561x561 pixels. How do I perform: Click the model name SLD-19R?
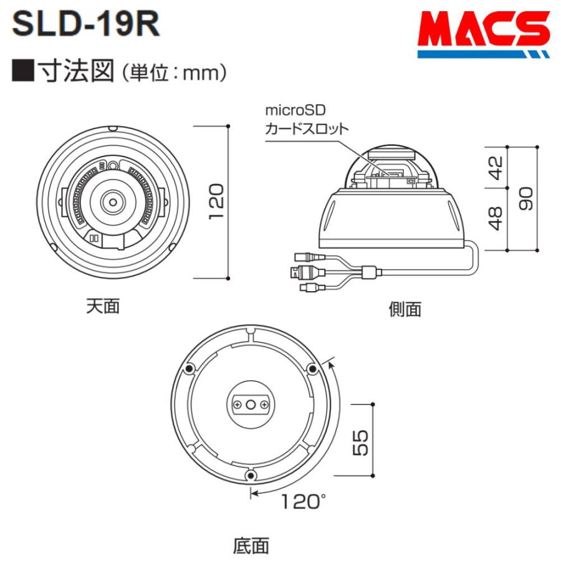(x=87, y=24)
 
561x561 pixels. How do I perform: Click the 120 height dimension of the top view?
(x=216, y=201)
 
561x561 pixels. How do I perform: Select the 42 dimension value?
(x=496, y=167)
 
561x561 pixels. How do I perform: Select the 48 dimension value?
(x=496, y=219)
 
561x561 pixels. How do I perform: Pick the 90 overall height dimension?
(x=527, y=199)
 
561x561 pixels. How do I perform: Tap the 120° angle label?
(x=303, y=501)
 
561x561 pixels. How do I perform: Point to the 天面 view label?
(x=103, y=305)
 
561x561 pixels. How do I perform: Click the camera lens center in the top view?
(x=113, y=201)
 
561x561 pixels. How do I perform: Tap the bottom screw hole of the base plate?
(x=251, y=476)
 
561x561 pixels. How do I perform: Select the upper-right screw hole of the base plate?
(x=313, y=369)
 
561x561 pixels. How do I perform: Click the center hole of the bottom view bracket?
(x=251, y=405)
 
